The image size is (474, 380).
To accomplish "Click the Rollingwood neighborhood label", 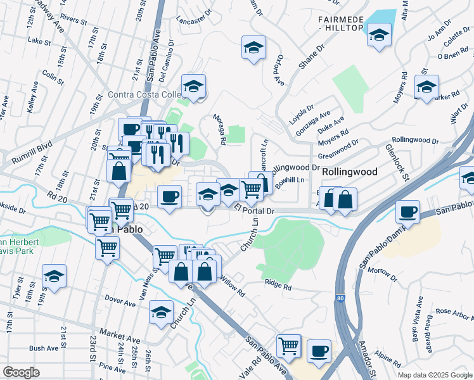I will [x=350, y=172].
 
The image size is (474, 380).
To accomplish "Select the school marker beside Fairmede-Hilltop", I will [x=379, y=35].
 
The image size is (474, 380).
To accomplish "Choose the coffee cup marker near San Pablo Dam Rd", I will [x=408, y=211].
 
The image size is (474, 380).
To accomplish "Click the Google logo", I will [x=21, y=372].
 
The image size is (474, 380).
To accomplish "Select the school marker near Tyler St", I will [x=54, y=276].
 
